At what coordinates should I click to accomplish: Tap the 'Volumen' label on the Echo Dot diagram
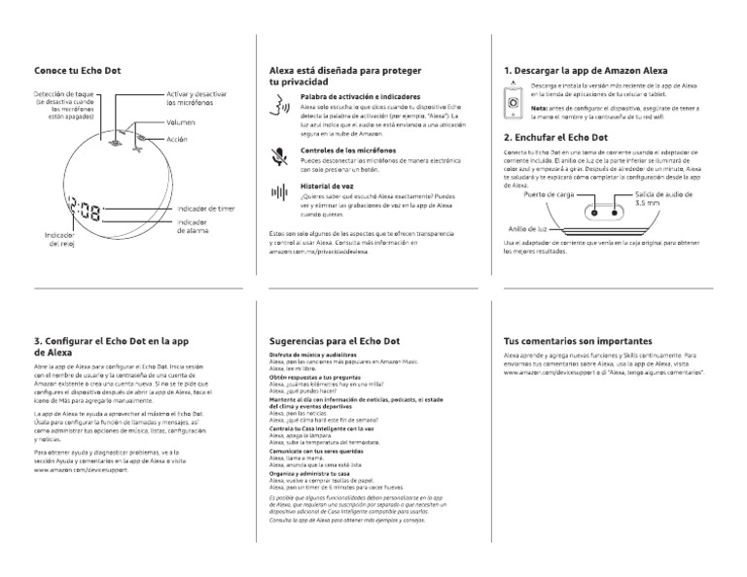pos(181,123)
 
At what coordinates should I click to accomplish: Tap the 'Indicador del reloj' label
pos(60,240)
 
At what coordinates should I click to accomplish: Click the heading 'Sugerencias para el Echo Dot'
pos(334,342)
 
